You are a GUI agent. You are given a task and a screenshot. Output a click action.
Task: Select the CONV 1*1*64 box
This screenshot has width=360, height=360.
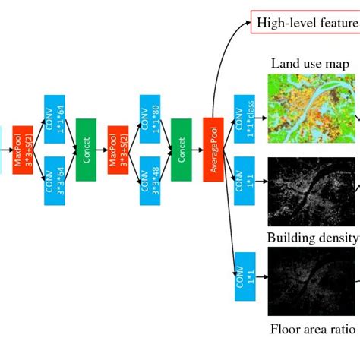[x=54, y=118]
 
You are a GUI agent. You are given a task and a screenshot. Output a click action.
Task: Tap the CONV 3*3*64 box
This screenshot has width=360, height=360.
[x=54, y=181]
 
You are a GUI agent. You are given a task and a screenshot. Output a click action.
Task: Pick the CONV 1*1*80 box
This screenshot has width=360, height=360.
[x=150, y=118]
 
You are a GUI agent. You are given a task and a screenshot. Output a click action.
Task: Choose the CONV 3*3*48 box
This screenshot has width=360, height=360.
[x=150, y=181]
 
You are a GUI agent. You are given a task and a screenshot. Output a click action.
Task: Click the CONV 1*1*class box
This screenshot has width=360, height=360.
[x=245, y=118]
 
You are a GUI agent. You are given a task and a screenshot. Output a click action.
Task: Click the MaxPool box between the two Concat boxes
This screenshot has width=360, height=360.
[x=118, y=150]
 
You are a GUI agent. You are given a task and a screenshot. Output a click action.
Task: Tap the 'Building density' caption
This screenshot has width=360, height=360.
[x=312, y=238]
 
